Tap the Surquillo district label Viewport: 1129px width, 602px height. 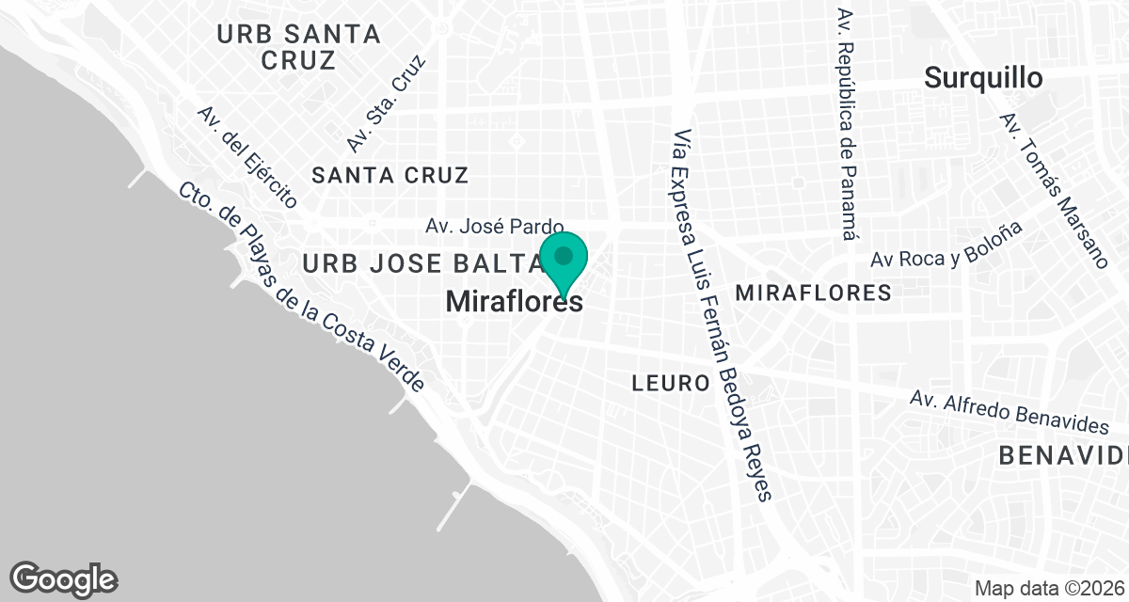[982, 78]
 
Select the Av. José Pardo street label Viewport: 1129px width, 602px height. [494, 227]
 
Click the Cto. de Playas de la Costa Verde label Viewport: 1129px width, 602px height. [302, 286]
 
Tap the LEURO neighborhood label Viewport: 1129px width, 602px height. [670, 383]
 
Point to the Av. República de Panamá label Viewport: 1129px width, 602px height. [848, 127]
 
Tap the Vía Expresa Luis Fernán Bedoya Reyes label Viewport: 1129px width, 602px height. [724, 315]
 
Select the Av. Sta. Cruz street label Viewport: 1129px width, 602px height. [386, 103]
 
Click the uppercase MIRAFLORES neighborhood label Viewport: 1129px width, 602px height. [813, 293]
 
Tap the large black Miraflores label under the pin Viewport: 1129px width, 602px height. [513, 302]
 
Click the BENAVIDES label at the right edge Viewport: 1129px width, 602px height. [1063, 455]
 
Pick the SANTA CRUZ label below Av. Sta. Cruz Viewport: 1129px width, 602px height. [390, 175]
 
